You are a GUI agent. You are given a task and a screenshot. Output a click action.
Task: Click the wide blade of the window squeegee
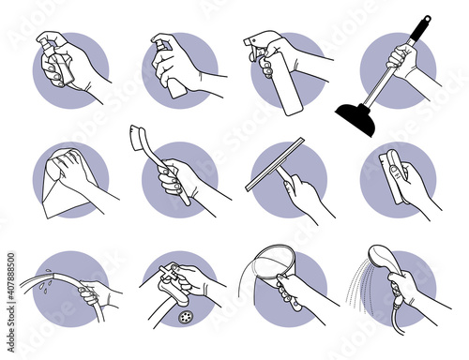(273, 164)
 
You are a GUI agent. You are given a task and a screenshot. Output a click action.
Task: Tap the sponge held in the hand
(392, 168)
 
